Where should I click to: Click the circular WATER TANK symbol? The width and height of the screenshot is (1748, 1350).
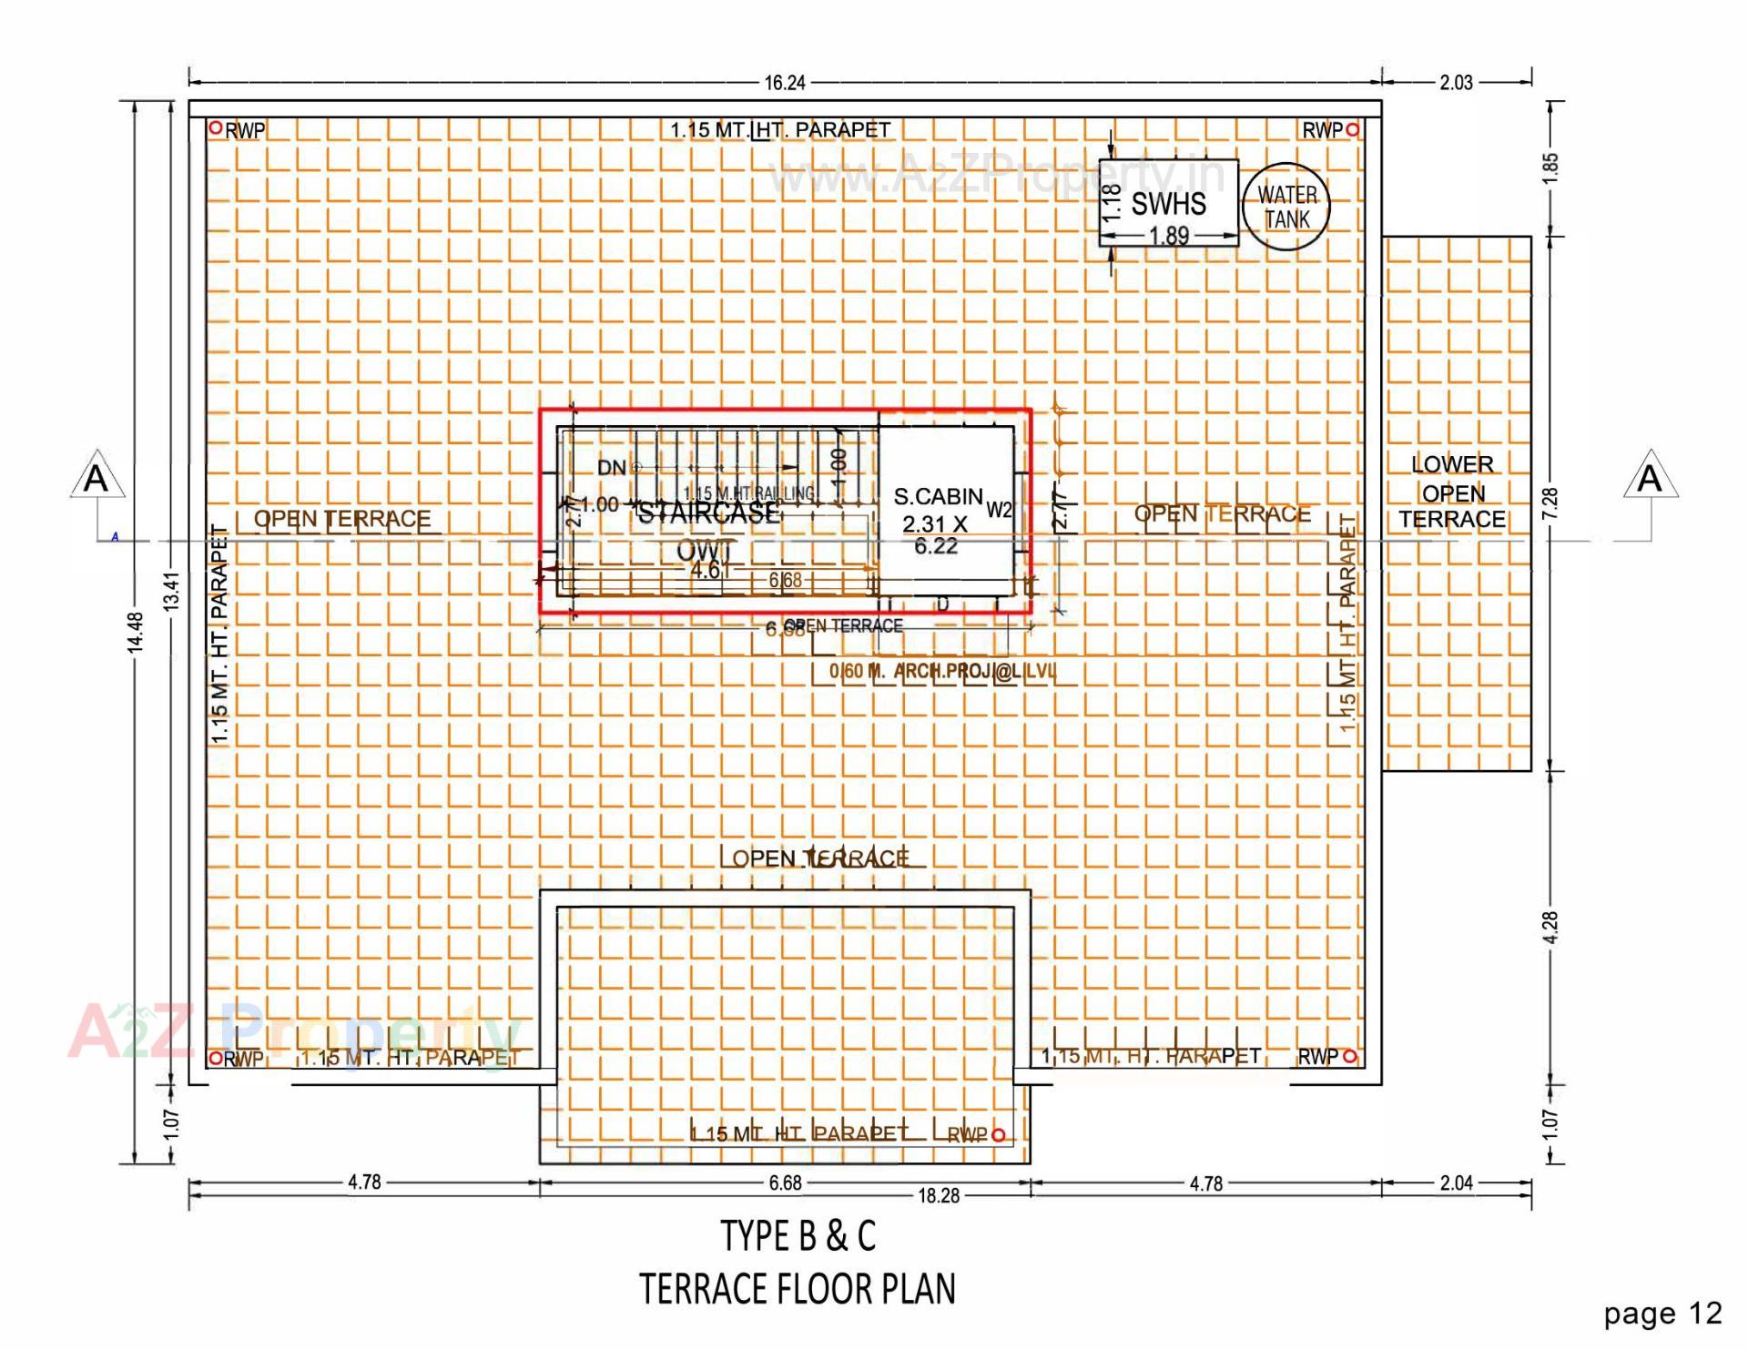tap(1286, 208)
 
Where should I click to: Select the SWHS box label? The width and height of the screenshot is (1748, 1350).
tap(1168, 204)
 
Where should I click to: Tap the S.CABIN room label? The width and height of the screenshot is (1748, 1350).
tap(938, 497)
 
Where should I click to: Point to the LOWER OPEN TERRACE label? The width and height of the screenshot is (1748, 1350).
tap(1452, 492)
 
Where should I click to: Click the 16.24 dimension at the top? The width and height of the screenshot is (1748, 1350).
tap(784, 83)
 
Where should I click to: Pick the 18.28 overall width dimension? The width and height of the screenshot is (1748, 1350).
tap(939, 1196)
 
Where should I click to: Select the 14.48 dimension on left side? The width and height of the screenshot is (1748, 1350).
tap(136, 632)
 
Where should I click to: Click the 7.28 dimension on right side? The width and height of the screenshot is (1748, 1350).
tap(1550, 503)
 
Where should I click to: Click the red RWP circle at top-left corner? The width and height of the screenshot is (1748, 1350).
tap(216, 128)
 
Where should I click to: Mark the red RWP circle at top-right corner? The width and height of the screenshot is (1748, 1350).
tap(1353, 130)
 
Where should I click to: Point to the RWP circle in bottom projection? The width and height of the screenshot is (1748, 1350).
tap(999, 1134)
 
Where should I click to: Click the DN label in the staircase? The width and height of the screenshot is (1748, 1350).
tap(612, 468)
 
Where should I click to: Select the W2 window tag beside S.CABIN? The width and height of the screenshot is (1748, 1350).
tap(999, 511)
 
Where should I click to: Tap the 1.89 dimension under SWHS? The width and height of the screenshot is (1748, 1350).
tap(1169, 236)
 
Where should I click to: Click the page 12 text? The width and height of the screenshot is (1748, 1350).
tap(1662, 1313)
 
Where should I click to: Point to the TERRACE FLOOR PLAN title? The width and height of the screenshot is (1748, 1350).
tap(798, 1289)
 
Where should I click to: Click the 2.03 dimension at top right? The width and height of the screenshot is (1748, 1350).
tap(1456, 83)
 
